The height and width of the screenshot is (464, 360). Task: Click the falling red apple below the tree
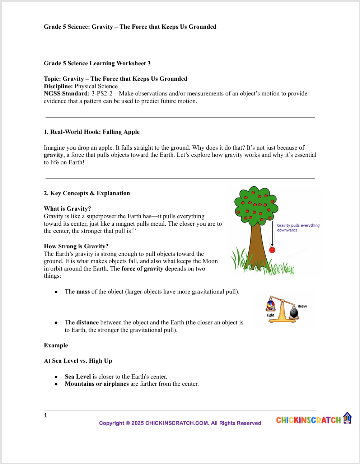tap(272, 250)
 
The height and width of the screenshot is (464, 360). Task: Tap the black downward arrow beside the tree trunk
tap(272, 235)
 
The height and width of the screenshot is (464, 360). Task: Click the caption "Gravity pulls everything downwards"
tap(298, 228)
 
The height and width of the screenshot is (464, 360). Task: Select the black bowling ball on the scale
tap(294, 313)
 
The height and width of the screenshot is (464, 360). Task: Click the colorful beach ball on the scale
tap(271, 305)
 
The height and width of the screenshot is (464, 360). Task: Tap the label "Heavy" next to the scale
tap(302, 306)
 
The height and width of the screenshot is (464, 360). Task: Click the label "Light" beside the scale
tap(270, 315)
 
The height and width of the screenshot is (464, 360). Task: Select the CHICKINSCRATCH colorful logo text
tap(308, 420)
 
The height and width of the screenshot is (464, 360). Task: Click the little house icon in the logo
tap(347, 418)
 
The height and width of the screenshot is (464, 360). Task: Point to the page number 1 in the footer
tap(45, 416)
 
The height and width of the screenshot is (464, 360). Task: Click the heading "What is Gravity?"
tap(67, 209)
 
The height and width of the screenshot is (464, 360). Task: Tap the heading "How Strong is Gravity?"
tap(76, 247)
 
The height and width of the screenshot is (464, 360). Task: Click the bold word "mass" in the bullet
tap(83, 292)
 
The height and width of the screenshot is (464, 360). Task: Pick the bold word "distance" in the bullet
tap(87, 323)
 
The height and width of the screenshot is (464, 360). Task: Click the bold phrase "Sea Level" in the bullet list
tap(78, 377)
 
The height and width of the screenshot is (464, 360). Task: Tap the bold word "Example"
tap(56, 346)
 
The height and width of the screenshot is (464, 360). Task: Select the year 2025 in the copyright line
tap(137, 423)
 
